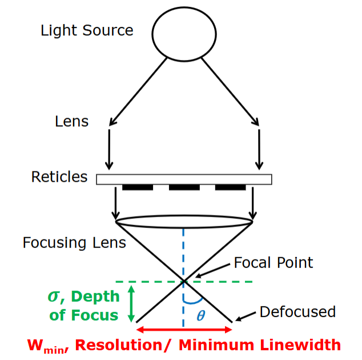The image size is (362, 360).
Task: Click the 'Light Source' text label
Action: (x=87, y=30)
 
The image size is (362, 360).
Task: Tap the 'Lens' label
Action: (x=72, y=121)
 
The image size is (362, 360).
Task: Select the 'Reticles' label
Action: (x=59, y=177)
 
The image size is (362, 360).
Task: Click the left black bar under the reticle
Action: (x=138, y=187)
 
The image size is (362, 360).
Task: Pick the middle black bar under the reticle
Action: (x=184, y=187)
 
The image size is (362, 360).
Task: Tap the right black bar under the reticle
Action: (x=230, y=187)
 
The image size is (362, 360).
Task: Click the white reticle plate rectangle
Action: (x=184, y=179)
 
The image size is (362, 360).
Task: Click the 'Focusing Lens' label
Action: (x=74, y=243)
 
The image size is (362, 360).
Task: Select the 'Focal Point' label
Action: (x=273, y=263)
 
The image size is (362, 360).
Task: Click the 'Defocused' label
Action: (x=297, y=312)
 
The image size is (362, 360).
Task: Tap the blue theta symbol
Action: (x=200, y=316)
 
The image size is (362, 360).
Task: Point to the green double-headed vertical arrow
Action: (x=132, y=303)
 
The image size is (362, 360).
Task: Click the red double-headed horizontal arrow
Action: (x=184, y=330)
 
